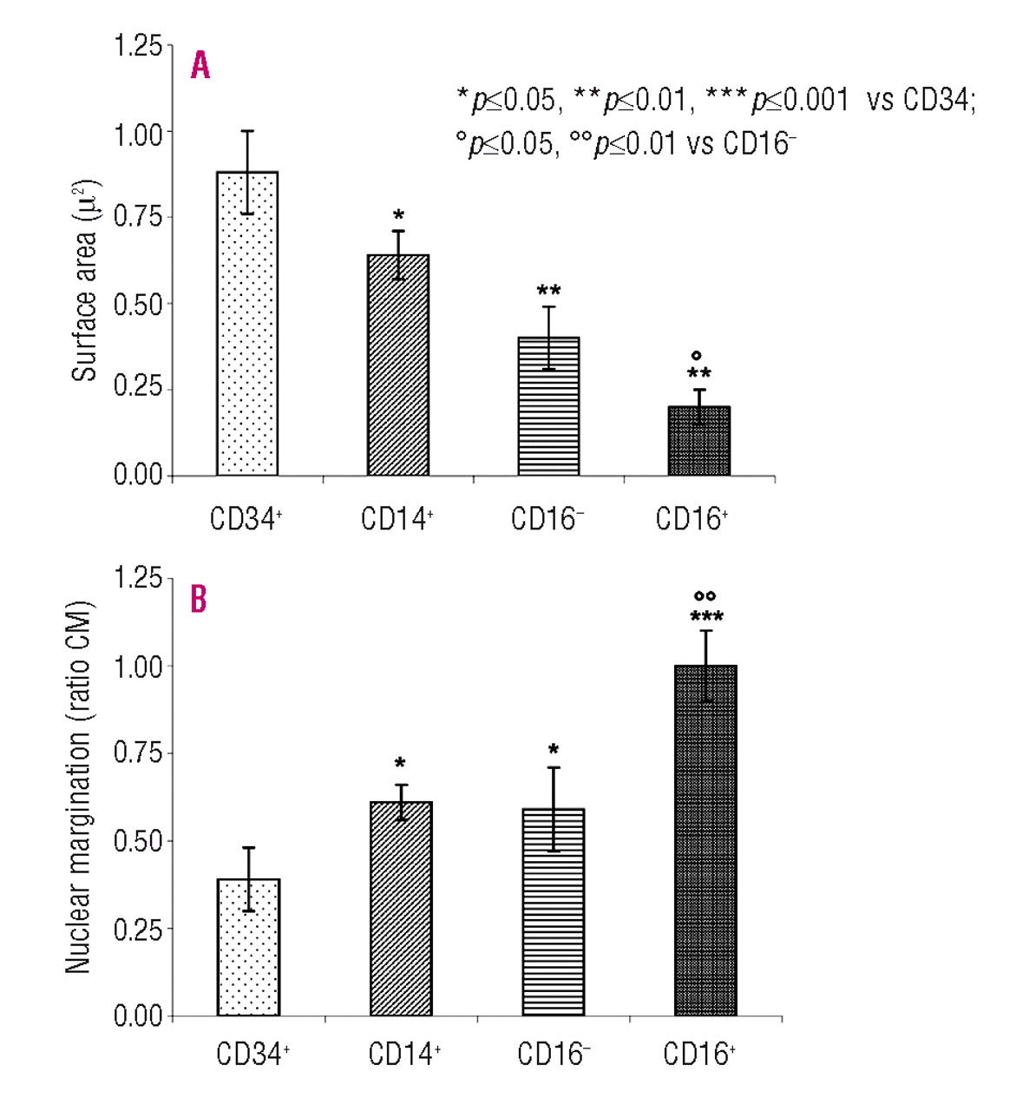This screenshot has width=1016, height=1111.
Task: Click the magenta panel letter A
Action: [200, 65]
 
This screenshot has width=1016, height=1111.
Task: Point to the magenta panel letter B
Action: [199, 599]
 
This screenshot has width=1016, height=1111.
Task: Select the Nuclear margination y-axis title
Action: [78, 786]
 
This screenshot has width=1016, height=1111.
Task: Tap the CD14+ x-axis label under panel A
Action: [397, 519]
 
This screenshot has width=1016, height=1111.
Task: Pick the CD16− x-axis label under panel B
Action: [554, 1054]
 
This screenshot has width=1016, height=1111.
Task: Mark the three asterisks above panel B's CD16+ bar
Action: [706, 617]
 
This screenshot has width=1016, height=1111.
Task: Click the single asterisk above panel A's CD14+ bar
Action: [398, 214]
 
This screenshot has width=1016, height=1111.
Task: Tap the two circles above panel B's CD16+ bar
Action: [705, 596]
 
